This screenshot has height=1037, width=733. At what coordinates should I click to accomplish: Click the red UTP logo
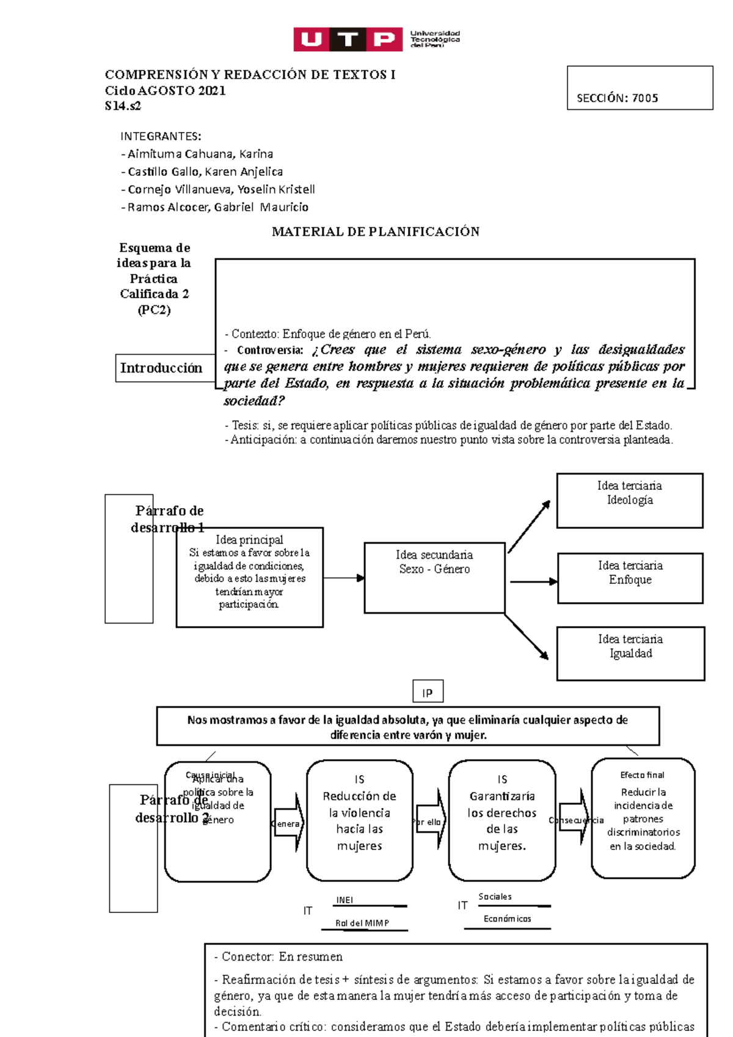click(348, 39)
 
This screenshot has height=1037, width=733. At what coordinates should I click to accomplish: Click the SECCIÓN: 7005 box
click(640, 88)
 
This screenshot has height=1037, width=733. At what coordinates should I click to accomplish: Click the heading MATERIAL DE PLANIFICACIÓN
click(375, 231)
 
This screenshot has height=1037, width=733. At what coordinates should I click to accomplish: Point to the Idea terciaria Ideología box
click(630, 500)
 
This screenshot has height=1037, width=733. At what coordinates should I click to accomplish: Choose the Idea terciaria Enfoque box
click(630, 578)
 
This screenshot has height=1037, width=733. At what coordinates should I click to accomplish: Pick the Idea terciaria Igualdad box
click(630, 653)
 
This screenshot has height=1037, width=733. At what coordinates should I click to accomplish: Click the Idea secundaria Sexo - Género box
click(434, 577)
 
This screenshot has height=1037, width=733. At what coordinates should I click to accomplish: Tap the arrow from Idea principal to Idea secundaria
click(344, 578)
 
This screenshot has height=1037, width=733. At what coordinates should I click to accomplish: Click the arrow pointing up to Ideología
click(529, 526)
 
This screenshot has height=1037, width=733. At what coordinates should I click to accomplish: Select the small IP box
click(428, 692)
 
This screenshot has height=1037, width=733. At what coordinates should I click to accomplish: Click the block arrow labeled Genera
click(289, 823)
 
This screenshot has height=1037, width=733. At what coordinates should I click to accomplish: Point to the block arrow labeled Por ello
click(432, 821)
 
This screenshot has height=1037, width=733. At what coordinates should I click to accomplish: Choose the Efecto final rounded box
click(643, 818)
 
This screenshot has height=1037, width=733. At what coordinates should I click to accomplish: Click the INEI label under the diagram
click(345, 900)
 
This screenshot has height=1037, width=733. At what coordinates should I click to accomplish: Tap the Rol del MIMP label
click(362, 923)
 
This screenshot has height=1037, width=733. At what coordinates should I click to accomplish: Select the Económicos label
click(507, 919)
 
